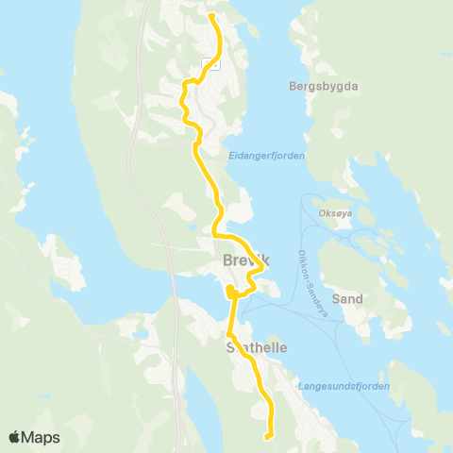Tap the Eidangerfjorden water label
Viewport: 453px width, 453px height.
tap(268, 156)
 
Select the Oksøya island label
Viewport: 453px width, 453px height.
tap(336, 212)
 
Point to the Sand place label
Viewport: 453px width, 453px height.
tap(348, 298)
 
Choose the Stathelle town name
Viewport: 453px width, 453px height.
tap(256, 347)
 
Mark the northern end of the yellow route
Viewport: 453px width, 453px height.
tap(210, 16)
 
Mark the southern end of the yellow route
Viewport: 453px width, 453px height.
tap(269, 436)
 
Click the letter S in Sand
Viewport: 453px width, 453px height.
tap(339, 298)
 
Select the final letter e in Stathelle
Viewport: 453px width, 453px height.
tap(281, 347)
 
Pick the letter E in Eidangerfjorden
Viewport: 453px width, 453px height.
tap(232, 156)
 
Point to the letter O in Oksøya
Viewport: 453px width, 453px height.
tap(323, 212)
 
